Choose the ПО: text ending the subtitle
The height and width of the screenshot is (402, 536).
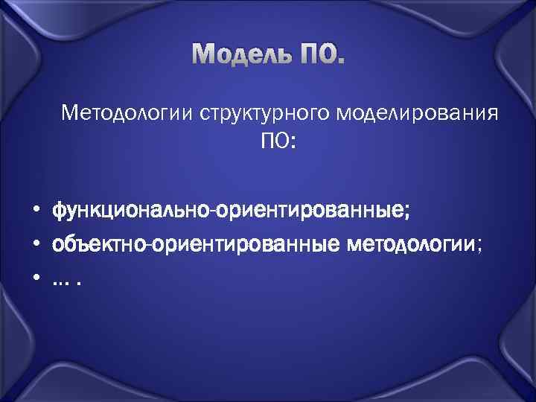point(278,141)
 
